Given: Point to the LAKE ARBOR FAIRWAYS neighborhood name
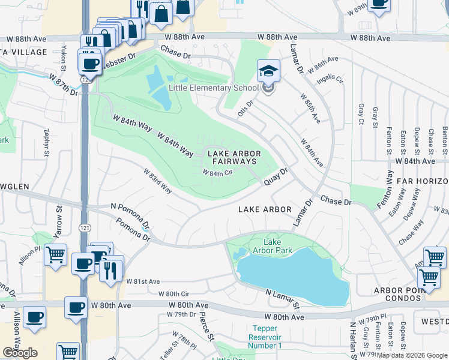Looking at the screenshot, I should [233, 158].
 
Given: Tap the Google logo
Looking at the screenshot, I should [20, 353].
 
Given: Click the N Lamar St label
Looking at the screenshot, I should [283, 298].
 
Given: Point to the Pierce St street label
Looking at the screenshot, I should [206, 325].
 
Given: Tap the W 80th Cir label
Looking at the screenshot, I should [173, 294].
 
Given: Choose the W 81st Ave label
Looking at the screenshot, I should [143, 281].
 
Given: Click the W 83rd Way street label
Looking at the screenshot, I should [157, 181].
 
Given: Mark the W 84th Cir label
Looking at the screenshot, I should [217, 173].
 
